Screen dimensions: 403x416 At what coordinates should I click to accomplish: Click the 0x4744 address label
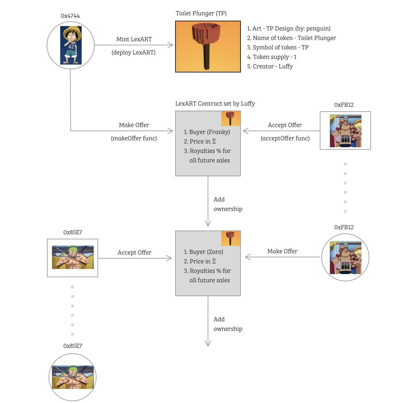pos(70,16)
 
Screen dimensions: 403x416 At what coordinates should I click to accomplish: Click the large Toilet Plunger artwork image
pos(208,47)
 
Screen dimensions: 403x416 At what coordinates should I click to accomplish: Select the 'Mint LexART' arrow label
pos(134,39)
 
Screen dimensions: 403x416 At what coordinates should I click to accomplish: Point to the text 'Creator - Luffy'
pos(270,66)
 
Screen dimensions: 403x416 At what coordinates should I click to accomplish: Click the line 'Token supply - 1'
pos(272,57)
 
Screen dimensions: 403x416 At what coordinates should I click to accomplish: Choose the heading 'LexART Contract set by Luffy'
pos(215,104)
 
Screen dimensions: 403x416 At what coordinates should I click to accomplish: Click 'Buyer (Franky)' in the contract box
pos(207,132)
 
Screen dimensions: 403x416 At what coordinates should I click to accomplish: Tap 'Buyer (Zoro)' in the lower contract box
pos(203,252)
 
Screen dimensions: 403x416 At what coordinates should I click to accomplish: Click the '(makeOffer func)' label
pos(134,138)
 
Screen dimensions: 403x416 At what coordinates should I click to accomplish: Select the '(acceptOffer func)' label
pos(285,138)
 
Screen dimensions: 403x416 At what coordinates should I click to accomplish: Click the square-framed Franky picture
pos(345,131)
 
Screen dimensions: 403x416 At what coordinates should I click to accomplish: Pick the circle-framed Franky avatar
pos(345,257)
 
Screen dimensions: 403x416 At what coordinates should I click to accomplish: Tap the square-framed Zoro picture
pos(73,258)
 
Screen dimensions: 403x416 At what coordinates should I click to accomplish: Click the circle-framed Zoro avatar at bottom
pos(73,377)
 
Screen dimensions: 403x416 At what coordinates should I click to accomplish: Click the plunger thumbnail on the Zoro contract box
pos(231,238)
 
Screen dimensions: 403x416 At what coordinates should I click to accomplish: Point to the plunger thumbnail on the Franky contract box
pos(231,119)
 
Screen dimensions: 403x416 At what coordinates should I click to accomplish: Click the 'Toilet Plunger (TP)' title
pos(201,13)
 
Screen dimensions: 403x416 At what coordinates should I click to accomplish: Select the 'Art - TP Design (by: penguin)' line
pos(289,28)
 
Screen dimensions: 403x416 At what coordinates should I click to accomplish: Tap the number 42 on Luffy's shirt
pos(71,47)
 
